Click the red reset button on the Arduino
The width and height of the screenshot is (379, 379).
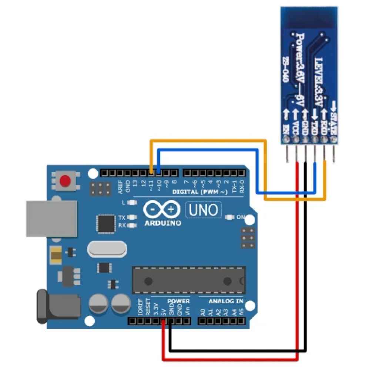(x=66, y=181)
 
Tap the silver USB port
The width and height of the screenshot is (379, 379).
(x=51, y=219)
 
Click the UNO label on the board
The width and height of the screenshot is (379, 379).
(x=203, y=210)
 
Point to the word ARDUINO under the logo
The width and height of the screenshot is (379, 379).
(x=163, y=223)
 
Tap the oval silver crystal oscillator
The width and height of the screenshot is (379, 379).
(x=107, y=249)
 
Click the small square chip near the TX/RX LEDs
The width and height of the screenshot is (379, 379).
(x=106, y=223)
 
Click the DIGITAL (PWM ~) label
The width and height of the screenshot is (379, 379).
(x=200, y=192)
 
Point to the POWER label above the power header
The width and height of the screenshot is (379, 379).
(x=178, y=301)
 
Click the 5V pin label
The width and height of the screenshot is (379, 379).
(x=163, y=311)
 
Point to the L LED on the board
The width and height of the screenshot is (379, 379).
(x=130, y=202)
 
